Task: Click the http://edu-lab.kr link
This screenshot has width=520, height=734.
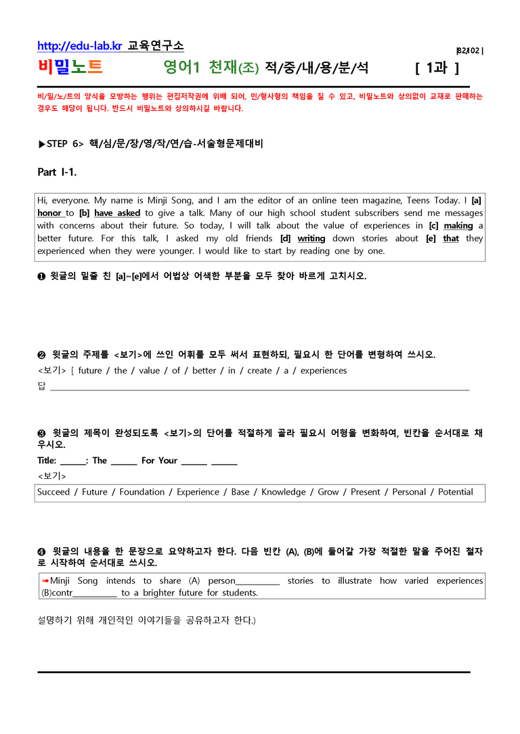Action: tap(80, 46)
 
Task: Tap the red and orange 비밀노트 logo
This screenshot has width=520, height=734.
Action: tap(70, 67)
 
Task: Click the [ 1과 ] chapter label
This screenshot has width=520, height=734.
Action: tap(437, 68)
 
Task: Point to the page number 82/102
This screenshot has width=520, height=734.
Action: tap(470, 51)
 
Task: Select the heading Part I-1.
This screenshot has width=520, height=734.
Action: tap(57, 172)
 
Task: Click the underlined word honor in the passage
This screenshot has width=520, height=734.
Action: tap(49, 212)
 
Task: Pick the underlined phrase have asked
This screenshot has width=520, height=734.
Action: tap(117, 212)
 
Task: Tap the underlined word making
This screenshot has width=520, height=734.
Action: tap(458, 225)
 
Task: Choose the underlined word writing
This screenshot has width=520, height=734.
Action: tap(311, 238)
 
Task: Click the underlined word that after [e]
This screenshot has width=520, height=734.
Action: tap(451, 238)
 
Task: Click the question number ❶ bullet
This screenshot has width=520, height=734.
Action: tap(41, 276)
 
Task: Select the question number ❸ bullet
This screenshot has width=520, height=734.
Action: tap(41, 432)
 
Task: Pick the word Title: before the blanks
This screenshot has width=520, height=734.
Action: tap(47, 460)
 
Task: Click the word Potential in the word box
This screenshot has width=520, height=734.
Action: tap(456, 492)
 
